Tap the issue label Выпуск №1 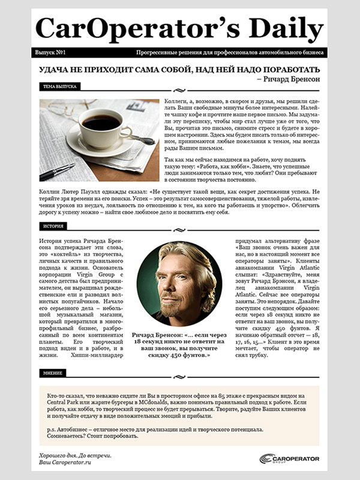51,53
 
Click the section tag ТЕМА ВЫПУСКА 59,86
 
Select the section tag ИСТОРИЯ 50,226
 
